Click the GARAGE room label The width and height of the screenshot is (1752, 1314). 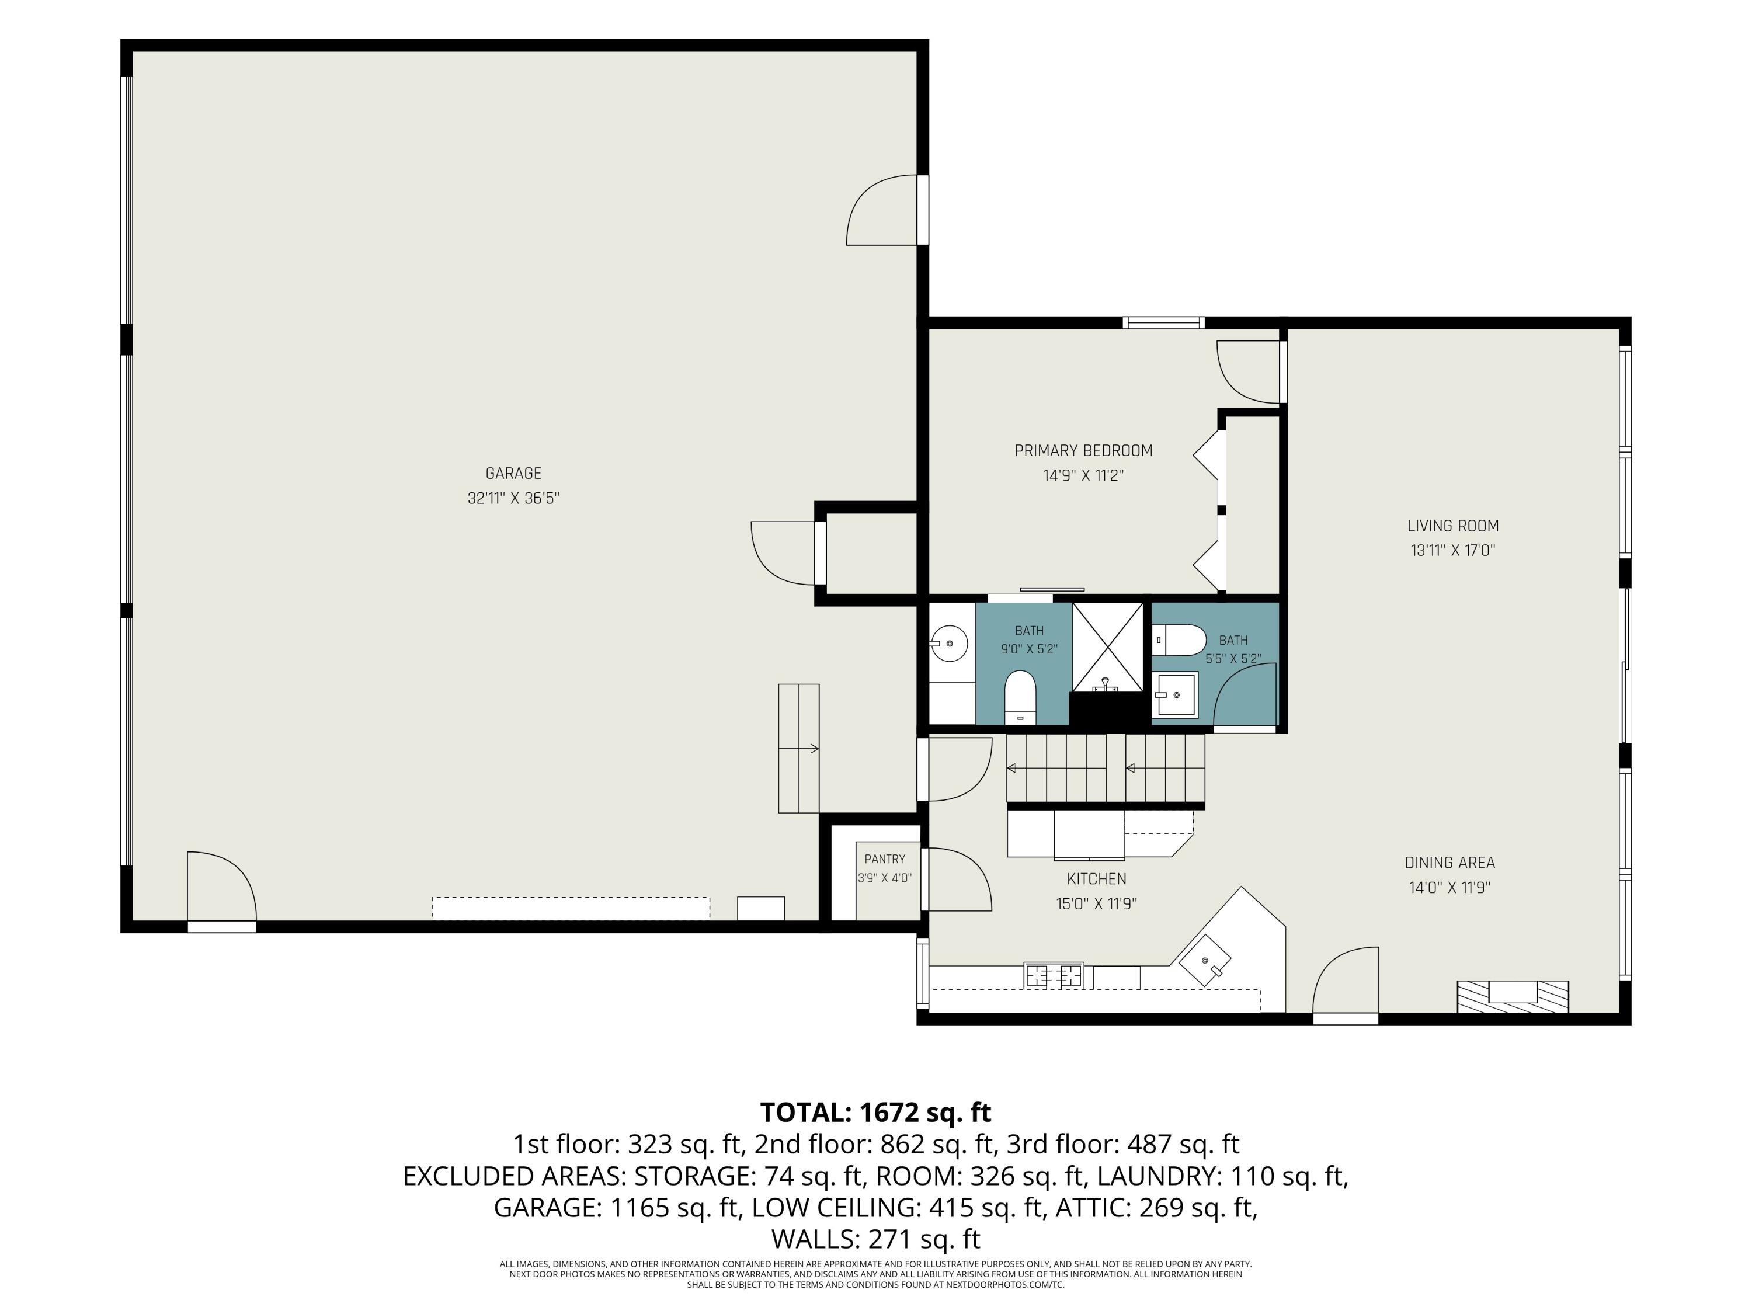tap(513, 474)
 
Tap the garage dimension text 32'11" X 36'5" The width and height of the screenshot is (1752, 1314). tap(513, 498)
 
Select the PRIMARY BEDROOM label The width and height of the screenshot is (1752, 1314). tap(1083, 451)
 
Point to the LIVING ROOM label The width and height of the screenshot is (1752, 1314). tap(1452, 526)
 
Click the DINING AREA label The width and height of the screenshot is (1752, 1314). tap(1449, 863)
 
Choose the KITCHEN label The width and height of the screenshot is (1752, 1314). tap(1096, 879)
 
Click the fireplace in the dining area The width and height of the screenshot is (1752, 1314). tap(1513, 996)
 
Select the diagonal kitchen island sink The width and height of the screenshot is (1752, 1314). tap(1205, 960)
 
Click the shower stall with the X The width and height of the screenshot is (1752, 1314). tap(1107, 647)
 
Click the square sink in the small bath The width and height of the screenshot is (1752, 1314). tap(1176, 694)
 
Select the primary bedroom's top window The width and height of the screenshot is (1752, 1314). tap(1163, 322)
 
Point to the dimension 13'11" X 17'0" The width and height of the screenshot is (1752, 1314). tap(1452, 551)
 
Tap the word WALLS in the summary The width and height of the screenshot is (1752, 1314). tap(815, 1239)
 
